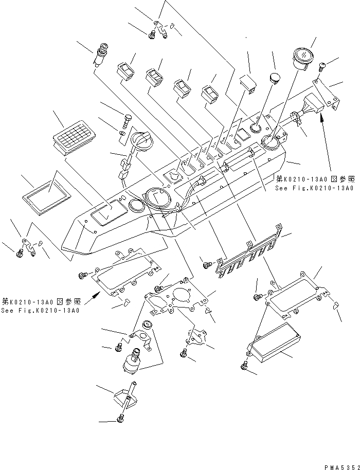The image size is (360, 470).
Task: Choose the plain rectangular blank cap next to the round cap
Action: [x=249, y=83]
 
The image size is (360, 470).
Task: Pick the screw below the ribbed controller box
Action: [x=244, y=366]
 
